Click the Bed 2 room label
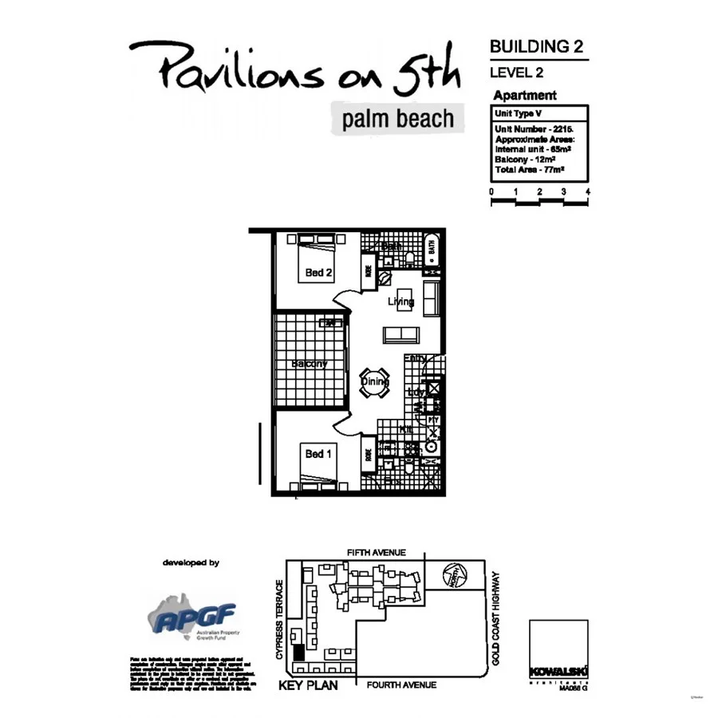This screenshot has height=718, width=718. tap(318, 273)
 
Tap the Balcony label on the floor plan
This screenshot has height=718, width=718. tap(309, 364)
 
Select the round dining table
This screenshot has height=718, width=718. tap(375, 381)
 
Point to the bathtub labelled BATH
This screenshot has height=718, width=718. tap(431, 249)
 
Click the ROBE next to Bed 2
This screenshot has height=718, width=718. tap(369, 270)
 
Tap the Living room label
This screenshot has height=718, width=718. tap(400, 302)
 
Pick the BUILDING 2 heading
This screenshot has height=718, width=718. tap(536, 46)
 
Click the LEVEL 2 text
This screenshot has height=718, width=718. tap(517, 73)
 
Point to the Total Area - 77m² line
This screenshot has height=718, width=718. tap(530, 170)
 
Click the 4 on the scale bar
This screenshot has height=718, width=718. tap(587, 192)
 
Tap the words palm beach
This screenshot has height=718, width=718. tap(397, 120)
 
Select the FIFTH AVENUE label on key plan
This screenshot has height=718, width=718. tap(377, 553)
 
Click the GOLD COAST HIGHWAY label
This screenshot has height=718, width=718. tap(497, 620)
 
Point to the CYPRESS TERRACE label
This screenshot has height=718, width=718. tap(278, 620)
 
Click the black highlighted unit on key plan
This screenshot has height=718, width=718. tap(298, 651)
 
